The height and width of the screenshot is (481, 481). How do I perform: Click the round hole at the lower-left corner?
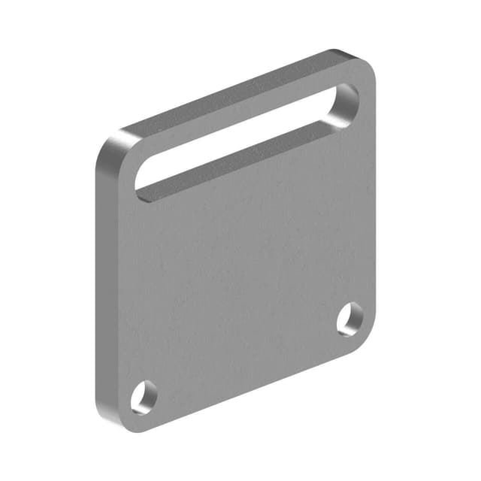144,396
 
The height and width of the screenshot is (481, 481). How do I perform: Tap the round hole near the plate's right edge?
349,319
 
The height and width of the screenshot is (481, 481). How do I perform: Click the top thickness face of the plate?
225,94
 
